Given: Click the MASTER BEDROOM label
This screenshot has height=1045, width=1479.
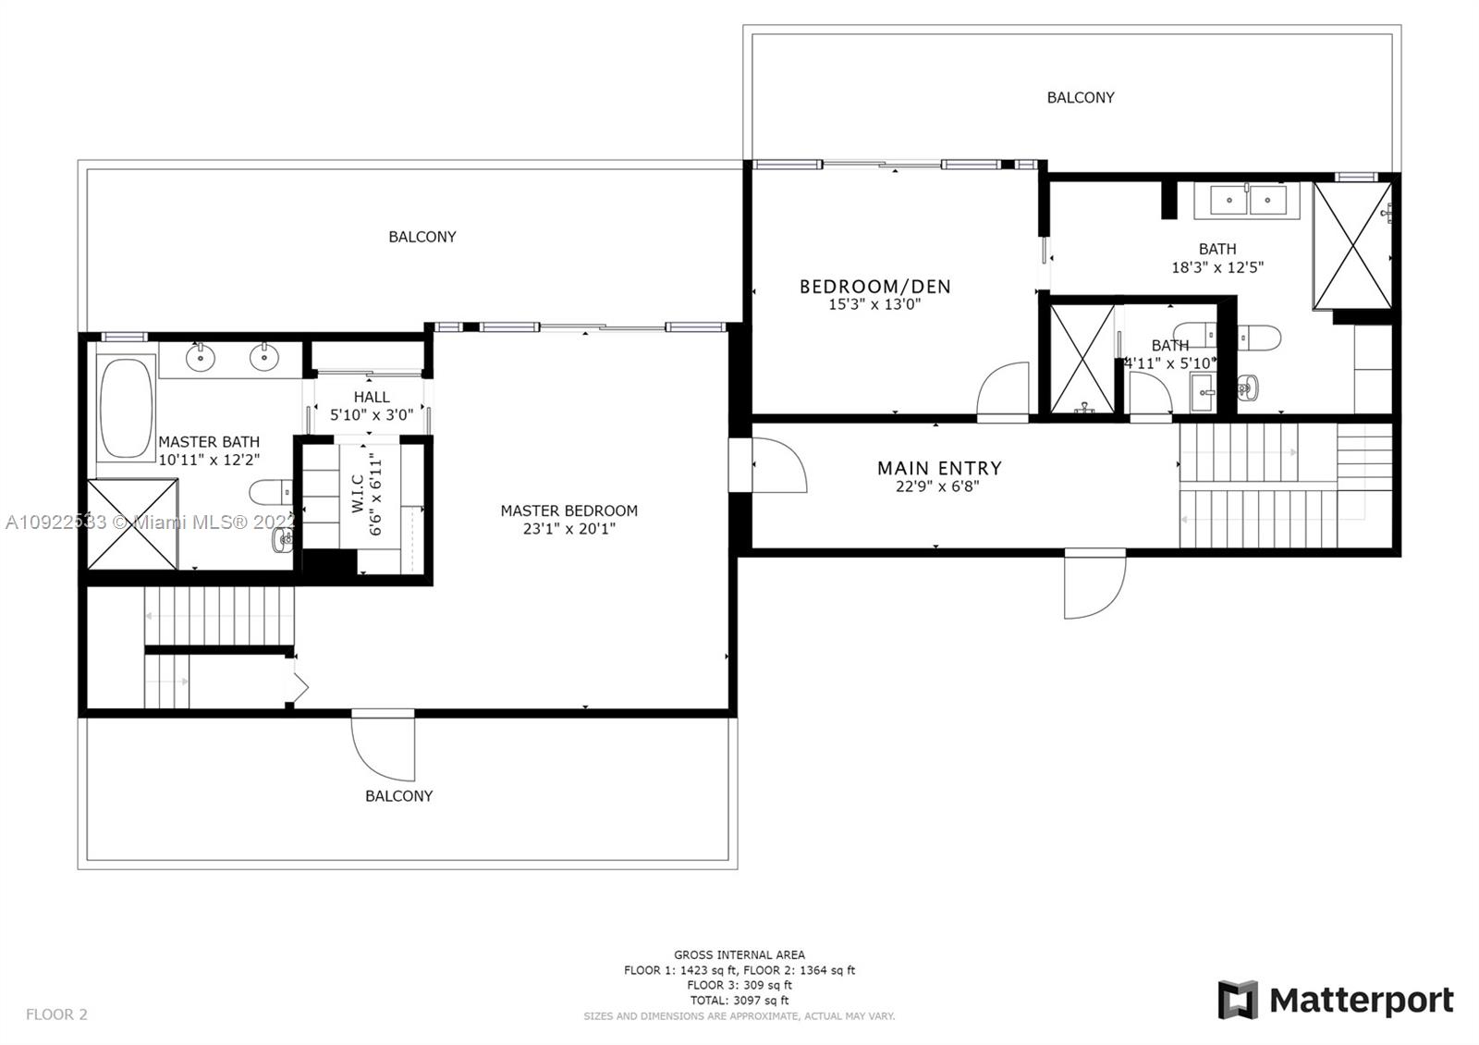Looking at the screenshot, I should [568, 510].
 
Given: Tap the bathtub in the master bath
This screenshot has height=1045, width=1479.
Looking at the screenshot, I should [127, 409].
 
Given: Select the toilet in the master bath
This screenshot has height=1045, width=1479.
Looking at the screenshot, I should [270, 491].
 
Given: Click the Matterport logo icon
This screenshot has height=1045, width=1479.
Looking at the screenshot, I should [1238, 1000].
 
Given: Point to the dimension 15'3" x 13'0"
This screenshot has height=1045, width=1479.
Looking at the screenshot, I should [874, 304].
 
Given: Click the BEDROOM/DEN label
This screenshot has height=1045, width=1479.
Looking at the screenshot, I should [874, 287].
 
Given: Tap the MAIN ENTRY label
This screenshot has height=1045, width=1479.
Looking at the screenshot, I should [938, 468].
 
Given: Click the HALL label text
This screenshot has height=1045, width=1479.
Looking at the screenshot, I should [371, 397].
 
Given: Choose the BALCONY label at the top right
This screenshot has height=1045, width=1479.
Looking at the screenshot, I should [1080, 97].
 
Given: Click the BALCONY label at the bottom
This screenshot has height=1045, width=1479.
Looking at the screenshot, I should [398, 795].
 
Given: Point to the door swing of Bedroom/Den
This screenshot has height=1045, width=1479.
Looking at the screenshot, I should [1005, 390].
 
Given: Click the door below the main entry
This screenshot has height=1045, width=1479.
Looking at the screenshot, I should [1094, 584].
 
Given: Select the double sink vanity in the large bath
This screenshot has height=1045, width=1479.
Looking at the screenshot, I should [1247, 200].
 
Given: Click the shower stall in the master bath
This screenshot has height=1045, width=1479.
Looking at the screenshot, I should [131, 523].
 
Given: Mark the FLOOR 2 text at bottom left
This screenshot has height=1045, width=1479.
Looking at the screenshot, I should [56, 1014].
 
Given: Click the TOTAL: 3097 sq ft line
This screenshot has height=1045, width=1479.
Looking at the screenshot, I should [739, 1000].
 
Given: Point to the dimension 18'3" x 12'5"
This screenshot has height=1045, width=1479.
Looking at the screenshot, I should [1216, 267].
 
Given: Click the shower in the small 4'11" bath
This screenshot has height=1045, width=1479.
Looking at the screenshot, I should [1082, 359].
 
